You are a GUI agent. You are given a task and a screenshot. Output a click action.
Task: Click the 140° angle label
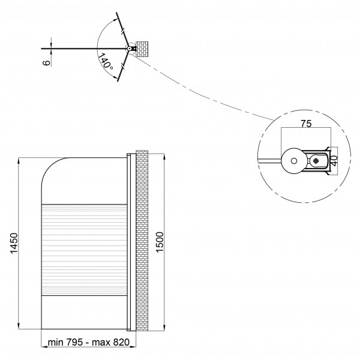(x=106, y=61)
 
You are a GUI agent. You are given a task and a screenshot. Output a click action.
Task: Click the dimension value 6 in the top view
(x=47, y=62)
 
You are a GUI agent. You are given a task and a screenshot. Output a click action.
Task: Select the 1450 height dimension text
(x=14, y=243)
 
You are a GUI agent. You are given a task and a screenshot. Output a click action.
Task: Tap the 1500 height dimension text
(x=160, y=242)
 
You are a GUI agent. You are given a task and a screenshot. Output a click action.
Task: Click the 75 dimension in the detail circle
(x=306, y=124)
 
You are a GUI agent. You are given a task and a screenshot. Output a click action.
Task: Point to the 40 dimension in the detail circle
(x=334, y=161)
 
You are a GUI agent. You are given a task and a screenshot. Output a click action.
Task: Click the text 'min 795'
(x=65, y=342)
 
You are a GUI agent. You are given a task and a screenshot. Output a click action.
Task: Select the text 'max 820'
(x=110, y=342)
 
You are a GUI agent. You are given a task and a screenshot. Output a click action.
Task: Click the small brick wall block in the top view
(x=142, y=49)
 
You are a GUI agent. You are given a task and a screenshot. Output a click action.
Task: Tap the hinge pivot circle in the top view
(x=129, y=49)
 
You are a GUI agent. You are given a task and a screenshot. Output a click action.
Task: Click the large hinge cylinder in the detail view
(x=294, y=161)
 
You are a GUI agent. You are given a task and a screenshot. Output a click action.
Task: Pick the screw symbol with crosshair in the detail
(x=316, y=161)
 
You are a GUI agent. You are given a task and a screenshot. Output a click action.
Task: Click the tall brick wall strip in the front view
(x=142, y=241)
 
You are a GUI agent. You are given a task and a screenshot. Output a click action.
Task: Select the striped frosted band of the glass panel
(x=84, y=250)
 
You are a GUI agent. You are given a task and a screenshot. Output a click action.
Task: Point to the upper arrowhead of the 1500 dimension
(x=164, y=157)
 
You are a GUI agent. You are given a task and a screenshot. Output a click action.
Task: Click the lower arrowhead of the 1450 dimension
(x=19, y=326)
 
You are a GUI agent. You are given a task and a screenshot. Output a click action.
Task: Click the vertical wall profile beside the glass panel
(x=129, y=242)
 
